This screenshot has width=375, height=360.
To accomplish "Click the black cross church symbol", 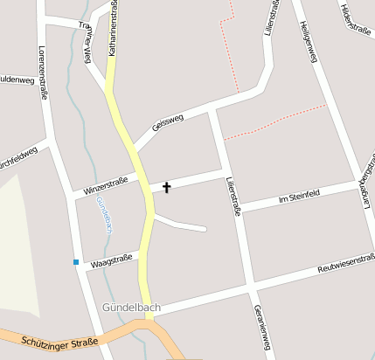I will (166, 187).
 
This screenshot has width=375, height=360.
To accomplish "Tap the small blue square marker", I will (76, 261).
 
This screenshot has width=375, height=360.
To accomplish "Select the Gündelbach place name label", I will (130, 308).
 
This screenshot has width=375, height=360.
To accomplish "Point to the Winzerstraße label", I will (105, 184).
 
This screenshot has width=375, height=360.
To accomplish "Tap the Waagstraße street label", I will (112, 258).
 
